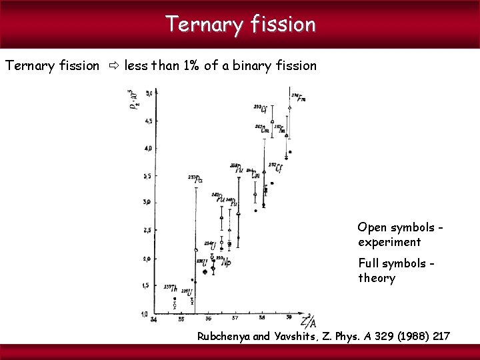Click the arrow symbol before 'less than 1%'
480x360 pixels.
point(113,66)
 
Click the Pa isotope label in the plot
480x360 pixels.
point(196,179)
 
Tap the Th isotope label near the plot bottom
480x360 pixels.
point(171,288)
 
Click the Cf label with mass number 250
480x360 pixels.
point(261,108)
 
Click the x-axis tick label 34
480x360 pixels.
point(154,319)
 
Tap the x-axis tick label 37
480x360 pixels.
point(235,319)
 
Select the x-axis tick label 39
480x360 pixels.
point(289,318)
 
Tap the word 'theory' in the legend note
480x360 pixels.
point(377,278)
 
